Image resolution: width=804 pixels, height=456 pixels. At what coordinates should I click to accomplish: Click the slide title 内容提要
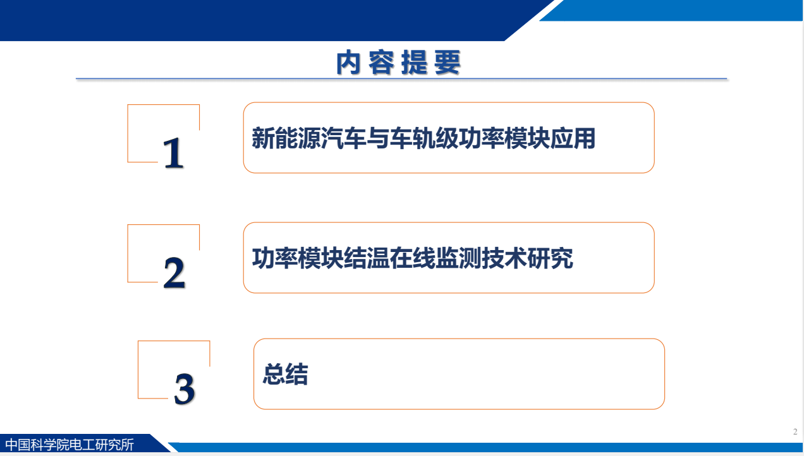click(x=398, y=63)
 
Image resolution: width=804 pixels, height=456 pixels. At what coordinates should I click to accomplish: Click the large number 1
click(x=173, y=153)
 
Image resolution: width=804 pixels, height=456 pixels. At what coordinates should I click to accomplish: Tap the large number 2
click(x=174, y=273)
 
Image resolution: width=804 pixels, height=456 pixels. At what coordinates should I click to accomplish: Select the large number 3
click(x=185, y=389)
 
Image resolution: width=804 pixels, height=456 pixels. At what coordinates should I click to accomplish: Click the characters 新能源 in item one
click(x=286, y=138)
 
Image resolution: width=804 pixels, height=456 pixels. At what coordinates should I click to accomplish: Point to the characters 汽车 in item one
click(x=343, y=138)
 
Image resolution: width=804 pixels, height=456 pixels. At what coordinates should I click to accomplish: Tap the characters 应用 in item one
click(x=573, y=138)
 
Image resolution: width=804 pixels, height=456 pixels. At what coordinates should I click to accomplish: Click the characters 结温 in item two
click(x=367, y=258)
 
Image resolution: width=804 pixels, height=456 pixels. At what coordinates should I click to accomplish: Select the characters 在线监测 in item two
click(x=435, y=258)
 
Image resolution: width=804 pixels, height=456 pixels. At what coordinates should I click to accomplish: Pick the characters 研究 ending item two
click(x=551, y=258)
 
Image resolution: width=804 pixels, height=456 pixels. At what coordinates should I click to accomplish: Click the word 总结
click(x=285, y=374)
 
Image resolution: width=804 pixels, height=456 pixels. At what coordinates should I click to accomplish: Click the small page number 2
click(x=795, y=431)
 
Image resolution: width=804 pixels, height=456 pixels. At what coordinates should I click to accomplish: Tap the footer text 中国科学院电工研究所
click(x=70, y=445)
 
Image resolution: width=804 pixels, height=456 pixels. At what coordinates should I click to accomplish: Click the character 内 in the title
click(x=348, y=63)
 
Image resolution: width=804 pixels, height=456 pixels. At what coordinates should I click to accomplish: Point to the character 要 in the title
click(x=448, y=63)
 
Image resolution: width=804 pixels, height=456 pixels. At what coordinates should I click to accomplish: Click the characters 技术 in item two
click(x=504, y=258)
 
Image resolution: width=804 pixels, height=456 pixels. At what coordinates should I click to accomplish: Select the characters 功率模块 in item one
click(x=504, y=138)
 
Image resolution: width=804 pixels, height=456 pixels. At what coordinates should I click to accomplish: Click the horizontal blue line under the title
click(x=401, y=78)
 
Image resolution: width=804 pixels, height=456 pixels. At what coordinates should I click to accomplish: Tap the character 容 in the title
click(x=382, y=63)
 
